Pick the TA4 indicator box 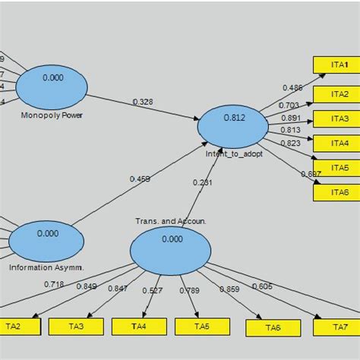click(139, 327)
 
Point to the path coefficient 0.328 click(142, 102)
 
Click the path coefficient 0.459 click(139, 179)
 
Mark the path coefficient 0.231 click(203, 182)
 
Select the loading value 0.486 click(292, 88)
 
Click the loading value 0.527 click(152, 289)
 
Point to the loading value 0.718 click(54, 283)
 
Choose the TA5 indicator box click(202, 327)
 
